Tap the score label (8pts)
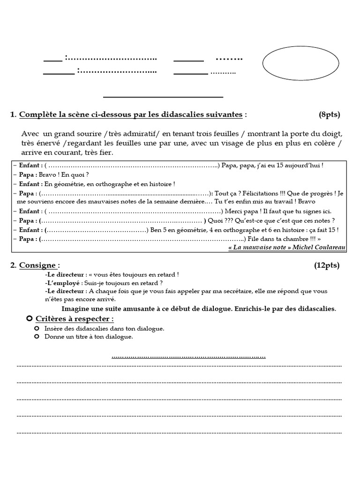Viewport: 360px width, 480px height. click(x=329, y=115)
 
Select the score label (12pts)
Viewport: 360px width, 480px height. click(x=327, y=265)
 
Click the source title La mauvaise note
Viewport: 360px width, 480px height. click(x=258, y=247)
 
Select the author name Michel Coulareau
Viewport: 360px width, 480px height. click(x=319, y=247)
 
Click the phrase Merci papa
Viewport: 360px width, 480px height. click(x=240, y=211)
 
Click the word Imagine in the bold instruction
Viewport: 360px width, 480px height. click(x=76, y=309)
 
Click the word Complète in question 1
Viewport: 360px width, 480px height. click(x=36, y=115)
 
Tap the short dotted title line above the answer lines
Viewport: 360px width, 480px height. click(x=188, y=357)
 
